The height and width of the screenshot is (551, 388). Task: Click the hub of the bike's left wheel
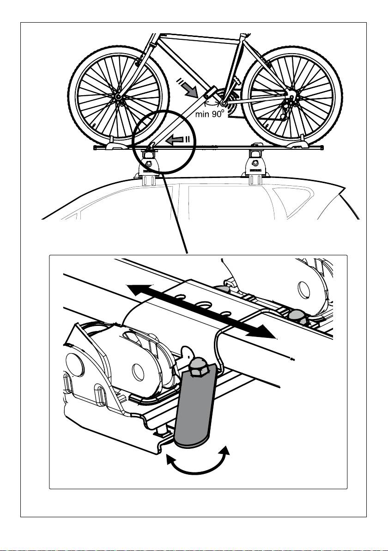click(119, 97)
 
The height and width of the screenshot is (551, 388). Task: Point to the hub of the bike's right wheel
click(291, 97)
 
